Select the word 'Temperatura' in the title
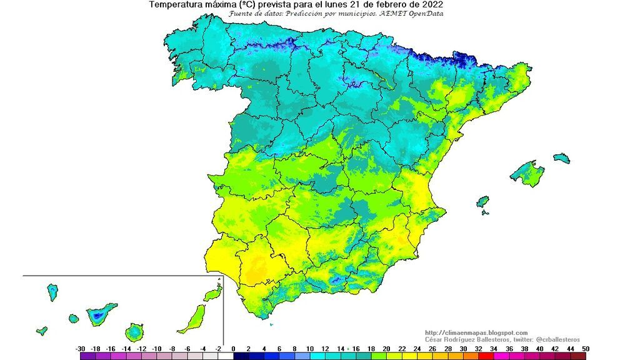click(x=176, y=4)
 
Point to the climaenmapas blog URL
click(x=476, y=332)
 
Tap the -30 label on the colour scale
click(x=80, y=348)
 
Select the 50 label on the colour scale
click(x=586, y=348)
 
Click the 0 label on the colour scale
click(x=233, y=348)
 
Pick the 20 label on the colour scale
click(x=386, y=348)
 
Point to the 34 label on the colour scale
click(x=494, y=348)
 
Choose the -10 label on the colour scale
click(x=157, y=348)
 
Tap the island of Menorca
click(x=561, y=158)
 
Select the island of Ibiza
click(x=482, y=202)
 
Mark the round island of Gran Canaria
click(x=134, y=332)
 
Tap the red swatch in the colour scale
click(x=486, y=356)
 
